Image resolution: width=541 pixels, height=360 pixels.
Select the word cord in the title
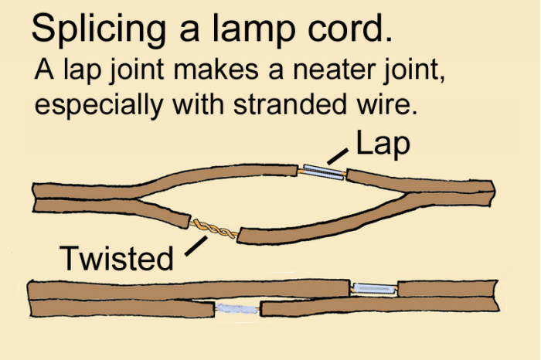click(x=350, y=29)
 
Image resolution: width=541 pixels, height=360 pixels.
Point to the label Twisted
click(x=116, y=258)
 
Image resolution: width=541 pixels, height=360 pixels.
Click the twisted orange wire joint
click(x=214, y=229)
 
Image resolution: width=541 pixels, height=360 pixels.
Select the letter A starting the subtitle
click(x=43, y=71)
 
